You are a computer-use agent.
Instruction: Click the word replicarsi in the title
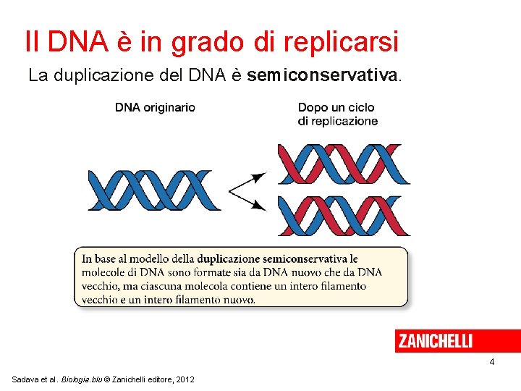point(341,42)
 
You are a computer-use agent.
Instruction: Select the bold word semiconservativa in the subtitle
point(323,75)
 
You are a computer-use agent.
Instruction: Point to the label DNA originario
point(155,107)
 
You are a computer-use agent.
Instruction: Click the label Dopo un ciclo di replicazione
point(337,114)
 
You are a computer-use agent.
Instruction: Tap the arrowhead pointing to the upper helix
point(258,177)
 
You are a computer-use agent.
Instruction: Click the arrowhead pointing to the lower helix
point(258,205)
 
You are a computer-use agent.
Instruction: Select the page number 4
point(491,362)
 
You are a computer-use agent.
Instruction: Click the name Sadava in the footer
point(26,380)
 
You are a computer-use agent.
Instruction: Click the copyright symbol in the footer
point(109,380)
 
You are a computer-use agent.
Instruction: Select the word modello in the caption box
point(152,259)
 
